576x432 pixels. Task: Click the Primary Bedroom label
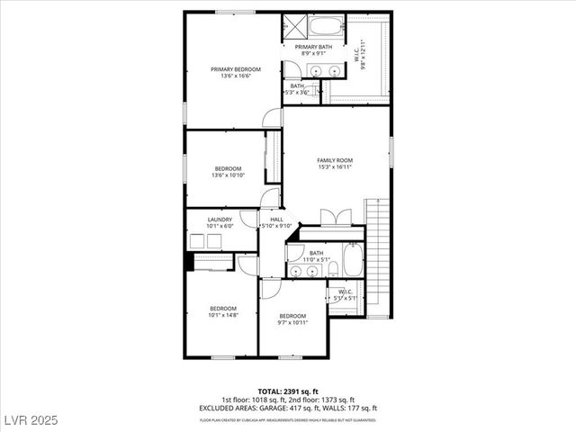(x=236, y=69)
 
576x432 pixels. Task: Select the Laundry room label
(x=220, y=219)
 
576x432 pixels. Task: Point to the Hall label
(x=276, y=219)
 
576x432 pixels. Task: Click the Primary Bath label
(x=313, y=47)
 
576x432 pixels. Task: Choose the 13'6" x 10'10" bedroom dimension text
(x=228, y=175)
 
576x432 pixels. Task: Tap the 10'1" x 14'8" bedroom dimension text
(x=222, y=315)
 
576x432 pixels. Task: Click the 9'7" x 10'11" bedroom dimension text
(x=292, y=322)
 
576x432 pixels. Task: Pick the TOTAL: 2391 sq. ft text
(x=289, y=391)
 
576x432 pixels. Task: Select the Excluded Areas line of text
(x=289, y=408)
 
